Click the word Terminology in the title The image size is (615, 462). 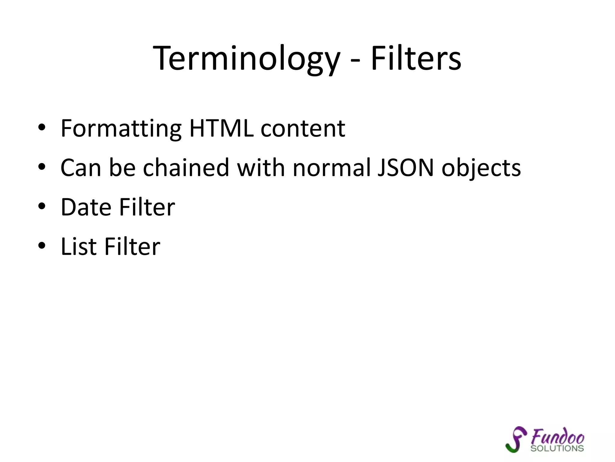coord(246,59)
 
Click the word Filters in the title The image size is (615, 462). coord(416,59)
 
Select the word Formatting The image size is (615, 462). coord(121,129)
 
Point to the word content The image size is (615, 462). coord(303,129)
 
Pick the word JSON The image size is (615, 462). coord(405,168)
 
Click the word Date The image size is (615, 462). coord(86,207)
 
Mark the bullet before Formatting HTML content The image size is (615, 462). coord(42,128)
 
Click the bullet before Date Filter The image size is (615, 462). coord(42,206)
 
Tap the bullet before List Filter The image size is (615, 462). coord(42,246)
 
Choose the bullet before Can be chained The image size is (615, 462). coord(42,167)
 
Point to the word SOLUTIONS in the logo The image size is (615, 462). coord(557,448)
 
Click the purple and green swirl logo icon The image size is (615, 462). coord(516,439)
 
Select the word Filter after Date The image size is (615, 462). coord(147,207)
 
